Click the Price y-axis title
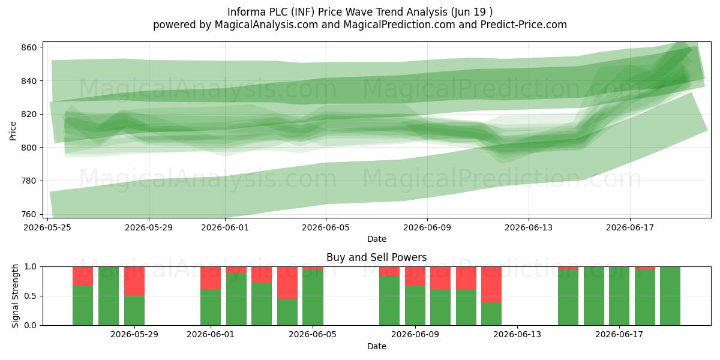[x=13, y=131]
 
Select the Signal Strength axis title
[x=15, y=296]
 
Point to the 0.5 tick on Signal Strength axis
[x=31, y=296]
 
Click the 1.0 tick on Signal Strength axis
[x=31, y=267]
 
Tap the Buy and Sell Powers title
[x=376, y=257]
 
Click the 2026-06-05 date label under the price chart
[x=326, y=227]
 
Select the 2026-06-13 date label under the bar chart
[x=517, y=335]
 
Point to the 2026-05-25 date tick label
[x=47, y=227]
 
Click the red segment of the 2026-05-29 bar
[x=134, y=281]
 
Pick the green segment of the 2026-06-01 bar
[x=211, y=307]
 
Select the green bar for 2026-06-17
[x=619, y=296]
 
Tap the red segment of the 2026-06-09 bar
[x=415, y=276]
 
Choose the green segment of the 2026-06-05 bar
[x=313, y=298]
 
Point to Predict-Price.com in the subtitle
[x=524, y=25]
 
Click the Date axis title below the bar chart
[x=377, y=346]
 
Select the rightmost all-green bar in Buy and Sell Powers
[x=670, y=296]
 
